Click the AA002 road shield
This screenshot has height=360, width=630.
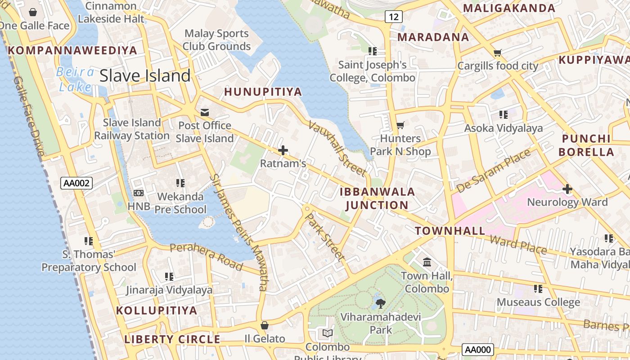click(x=76, y=183)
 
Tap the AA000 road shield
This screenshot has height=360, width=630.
click(x=477, y=350)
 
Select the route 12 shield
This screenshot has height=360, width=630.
click(x=393, y=17)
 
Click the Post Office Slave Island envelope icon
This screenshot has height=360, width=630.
click(x=205, y=112)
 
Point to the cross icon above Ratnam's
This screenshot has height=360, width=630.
click(x=283, y=150)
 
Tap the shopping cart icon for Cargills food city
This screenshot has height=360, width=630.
click(x=497, y=53)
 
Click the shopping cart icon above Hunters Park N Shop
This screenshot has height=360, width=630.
click(x=400, y=125)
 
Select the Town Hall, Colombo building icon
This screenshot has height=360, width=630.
click(x=427, y=261)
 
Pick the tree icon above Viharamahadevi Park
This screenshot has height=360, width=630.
click(x=380, y=303)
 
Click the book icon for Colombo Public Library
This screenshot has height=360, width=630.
click(x=328, y=333)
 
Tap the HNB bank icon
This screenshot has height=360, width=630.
click(x=138, y=193)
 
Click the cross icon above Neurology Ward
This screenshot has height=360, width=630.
click(x=567, y=189)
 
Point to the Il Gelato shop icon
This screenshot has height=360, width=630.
click(x=265, y=325)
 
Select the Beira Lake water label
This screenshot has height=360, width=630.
click(x=75, y=79)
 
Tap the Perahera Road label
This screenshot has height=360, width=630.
click(x=207, y=256)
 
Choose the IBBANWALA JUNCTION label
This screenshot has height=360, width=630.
click(x=377, y=198)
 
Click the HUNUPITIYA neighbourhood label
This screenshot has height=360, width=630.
click(x=263, y=92)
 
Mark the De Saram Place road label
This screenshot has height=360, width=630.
click(x=494, y=171)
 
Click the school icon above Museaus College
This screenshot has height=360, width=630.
click(x=538, y=288)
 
